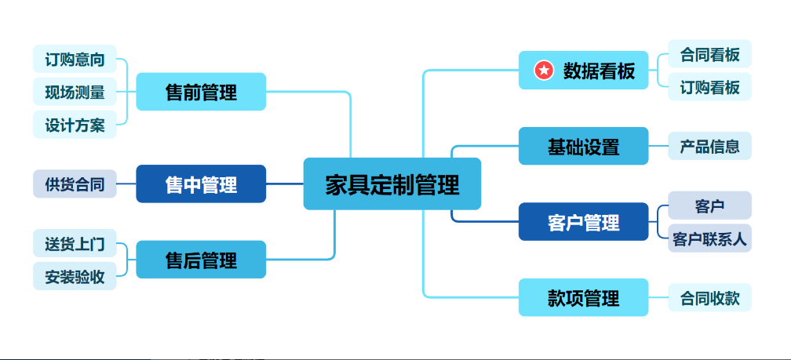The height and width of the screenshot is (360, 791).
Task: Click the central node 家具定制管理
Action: pyautogui.click(x=392, y=184)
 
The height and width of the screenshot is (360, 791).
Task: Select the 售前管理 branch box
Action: pyautogui.click(x=201, y=92)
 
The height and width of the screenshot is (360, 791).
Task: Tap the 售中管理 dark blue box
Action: pyautogui.click(x=201, y=184)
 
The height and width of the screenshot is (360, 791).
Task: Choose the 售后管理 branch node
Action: pyautogui.click(x=201, y=260)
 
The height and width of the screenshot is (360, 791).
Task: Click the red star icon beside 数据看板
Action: pyautogui.click(x=543, y=71)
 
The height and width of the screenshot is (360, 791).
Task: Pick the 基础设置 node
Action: pyautogui.click(x=583, y=146)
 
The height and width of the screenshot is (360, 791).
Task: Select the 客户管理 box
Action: pyautogui.click(x=583, y=222)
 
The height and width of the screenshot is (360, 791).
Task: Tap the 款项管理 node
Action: pyautogui.click(x=583, y=297)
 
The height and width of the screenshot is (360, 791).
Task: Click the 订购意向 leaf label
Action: pyautogui.click(x=75, y=59)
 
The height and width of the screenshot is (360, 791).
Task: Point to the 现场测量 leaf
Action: pyautogui.click(x=75, y=92)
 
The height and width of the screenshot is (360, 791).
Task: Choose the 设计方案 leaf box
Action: pyautogui.click(x=75, y=125)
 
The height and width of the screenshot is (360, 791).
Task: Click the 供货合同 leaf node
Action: pyautogui.click(x=75, y=184)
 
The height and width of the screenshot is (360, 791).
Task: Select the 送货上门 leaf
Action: pyautogui.click(x=75, y=243)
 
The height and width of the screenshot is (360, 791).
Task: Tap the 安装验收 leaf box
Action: pyautogui.click(x=75, y=276)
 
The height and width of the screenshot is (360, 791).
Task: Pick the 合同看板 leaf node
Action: pyautogui.click(x=709, y=54)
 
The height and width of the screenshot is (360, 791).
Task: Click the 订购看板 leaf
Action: pyautogui.click(x=709, y=87)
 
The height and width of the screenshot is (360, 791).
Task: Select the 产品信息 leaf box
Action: pyautogui.click(x=709, y=146)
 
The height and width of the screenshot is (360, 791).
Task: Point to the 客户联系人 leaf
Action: pyautogui.click(x=709, y=238)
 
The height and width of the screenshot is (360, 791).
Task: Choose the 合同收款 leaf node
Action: pyautogui.click(x=709, y=297)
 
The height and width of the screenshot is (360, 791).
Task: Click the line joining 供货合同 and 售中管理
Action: pyautogui.click(x=126, y=184)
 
